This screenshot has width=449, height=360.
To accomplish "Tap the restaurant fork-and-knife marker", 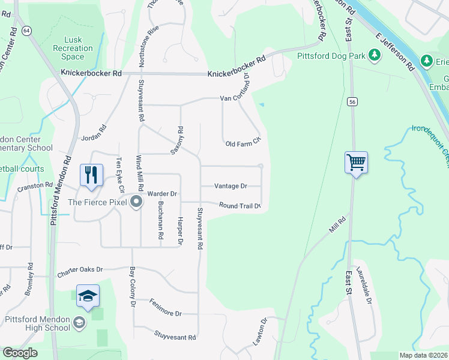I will pyautogui.click(x=91, y=175).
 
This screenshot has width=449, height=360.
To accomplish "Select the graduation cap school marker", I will pyautogui.click(x=88, y=296).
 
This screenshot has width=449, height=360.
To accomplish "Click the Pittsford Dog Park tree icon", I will pyautogui.click(x=375, y=56).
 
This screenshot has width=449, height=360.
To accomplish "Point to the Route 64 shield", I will pyautogui.click(x=26, y=30).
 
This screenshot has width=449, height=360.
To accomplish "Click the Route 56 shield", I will pyautogui.click(x=352, y=101).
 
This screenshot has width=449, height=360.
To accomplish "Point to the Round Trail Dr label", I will pyautogui.click(x=240, y=205).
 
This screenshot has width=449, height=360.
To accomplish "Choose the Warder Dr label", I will pyautogui.click(x=163, y=194).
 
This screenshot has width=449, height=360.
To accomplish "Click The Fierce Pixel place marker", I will pyautogui.click(x=136, y=202).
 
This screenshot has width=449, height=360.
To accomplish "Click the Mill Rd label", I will pyautogui.click(x=339, y=223).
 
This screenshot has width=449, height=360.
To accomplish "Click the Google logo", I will pyautogui.click(x=20, y=353).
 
